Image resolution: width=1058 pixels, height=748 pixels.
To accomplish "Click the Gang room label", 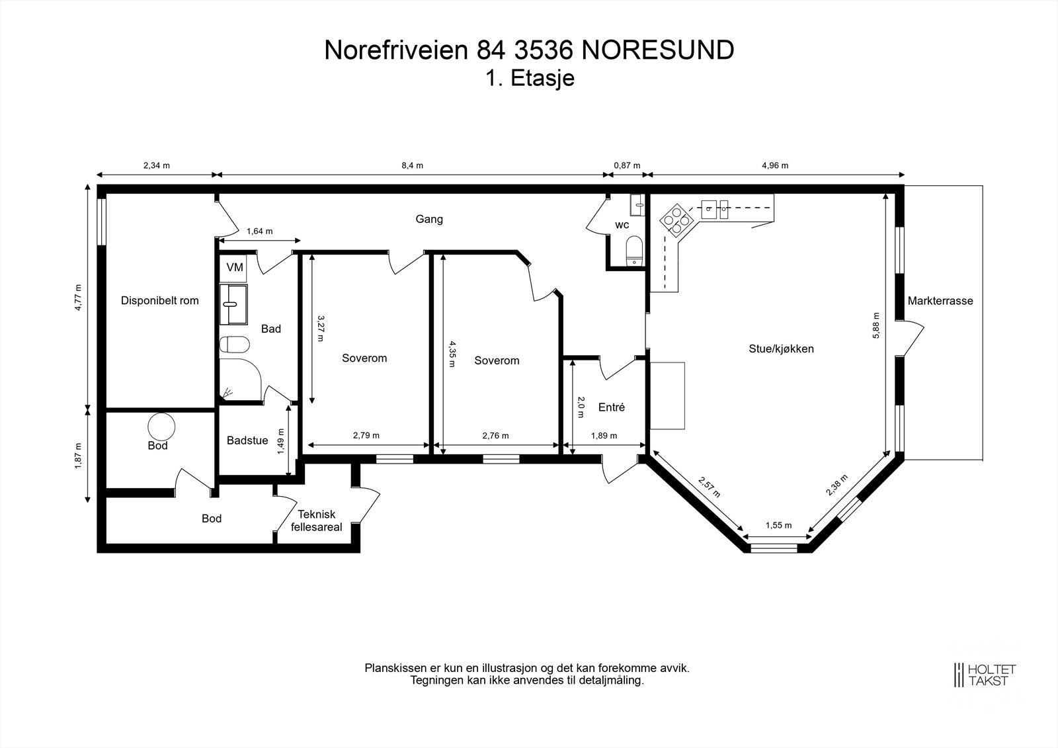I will [429, 219].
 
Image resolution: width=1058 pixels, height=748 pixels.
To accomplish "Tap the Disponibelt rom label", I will [159, 300].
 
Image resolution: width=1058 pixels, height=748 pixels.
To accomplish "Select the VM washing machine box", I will [235, 268].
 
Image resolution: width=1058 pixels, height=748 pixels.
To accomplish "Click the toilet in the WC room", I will [634, 249].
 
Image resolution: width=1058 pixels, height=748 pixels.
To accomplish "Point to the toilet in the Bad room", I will [235, 345].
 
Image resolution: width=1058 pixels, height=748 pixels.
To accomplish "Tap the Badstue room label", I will [247, 440].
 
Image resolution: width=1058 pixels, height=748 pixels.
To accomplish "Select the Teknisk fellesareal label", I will [317, 520].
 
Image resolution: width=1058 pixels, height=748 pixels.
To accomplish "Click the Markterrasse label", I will [940, 301].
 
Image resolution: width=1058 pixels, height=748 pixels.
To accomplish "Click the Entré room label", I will [611, 407].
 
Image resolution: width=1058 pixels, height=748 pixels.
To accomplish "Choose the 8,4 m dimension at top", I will [412, 165].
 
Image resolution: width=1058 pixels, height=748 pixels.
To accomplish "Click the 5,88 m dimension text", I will [876, 325].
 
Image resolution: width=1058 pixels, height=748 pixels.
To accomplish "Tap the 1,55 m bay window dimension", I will [778, 526].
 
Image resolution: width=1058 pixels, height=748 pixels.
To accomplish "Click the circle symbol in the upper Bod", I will [161, 425].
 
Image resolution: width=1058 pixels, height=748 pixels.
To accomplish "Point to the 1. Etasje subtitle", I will [530, 78].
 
